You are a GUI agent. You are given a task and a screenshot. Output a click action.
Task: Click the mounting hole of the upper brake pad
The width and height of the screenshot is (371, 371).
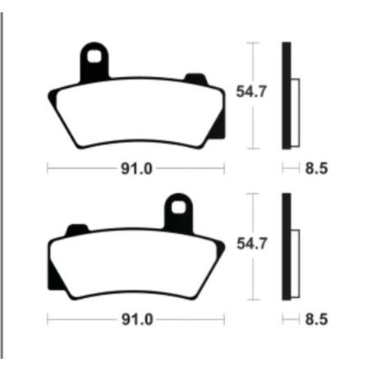[x=97, y=57]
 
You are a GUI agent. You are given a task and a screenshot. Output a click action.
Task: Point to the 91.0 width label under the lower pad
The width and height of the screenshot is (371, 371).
[x=136, y=318]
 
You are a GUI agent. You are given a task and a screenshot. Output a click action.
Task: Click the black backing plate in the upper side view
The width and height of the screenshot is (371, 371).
[x=286, y=94]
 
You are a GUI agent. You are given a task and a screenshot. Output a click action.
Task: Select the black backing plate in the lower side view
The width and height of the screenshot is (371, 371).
[x=286, y=246]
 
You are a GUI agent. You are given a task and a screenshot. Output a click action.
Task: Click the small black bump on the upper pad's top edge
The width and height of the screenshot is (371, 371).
[x=195, y=79]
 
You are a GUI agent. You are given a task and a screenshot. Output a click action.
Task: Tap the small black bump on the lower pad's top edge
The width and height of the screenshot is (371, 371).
[x=76, y=228]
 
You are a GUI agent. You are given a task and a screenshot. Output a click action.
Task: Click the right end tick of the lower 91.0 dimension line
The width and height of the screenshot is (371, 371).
[x=224, y=318]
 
